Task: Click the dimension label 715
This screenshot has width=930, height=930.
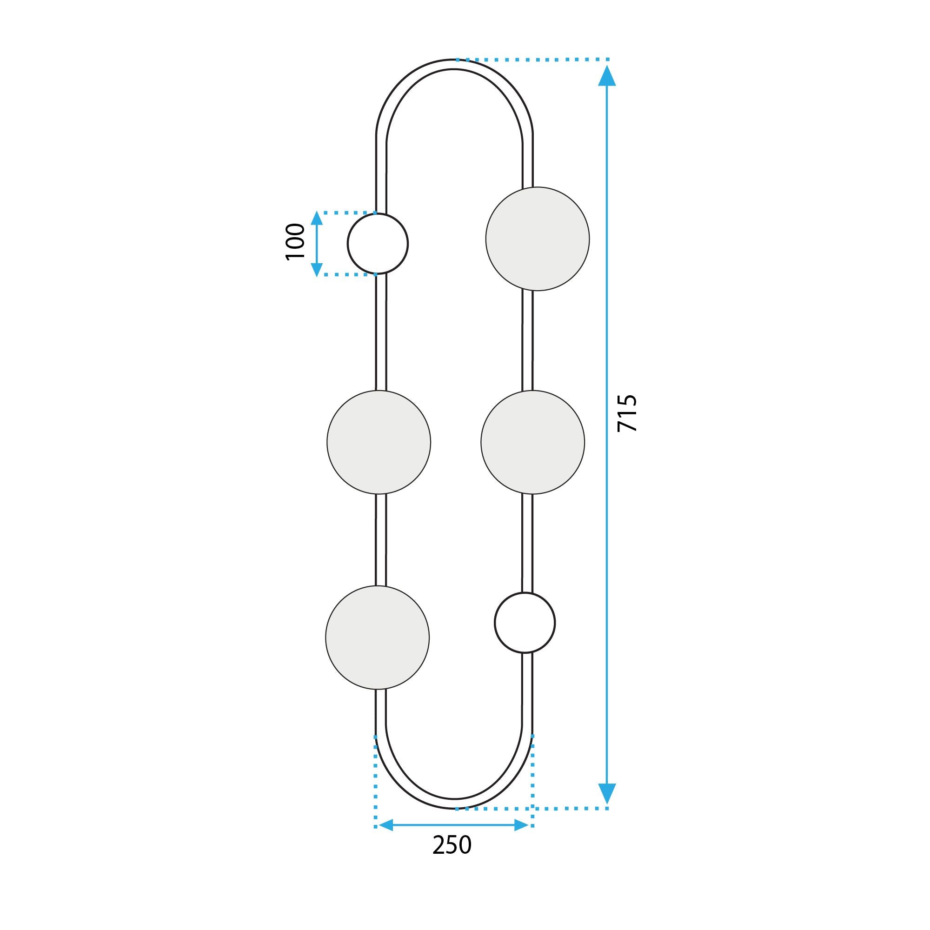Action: [x=627, y=413]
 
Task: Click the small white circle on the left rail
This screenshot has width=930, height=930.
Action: [x=378, y=244]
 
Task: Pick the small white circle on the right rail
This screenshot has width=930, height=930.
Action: [x=525, y=623]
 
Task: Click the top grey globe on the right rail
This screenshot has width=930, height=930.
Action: [x=537, y=239]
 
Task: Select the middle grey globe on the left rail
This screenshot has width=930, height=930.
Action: [x=379, y=442]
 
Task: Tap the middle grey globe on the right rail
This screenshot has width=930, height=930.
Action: [x=532, y=442]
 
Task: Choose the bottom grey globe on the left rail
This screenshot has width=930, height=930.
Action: [x=378, y=638]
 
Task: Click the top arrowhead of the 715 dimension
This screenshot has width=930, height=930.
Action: [x=607, y=77]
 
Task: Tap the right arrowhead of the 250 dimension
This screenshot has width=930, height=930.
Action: [x=522, y=825]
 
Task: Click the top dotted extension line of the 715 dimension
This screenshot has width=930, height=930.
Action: [x=534, y=60]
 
